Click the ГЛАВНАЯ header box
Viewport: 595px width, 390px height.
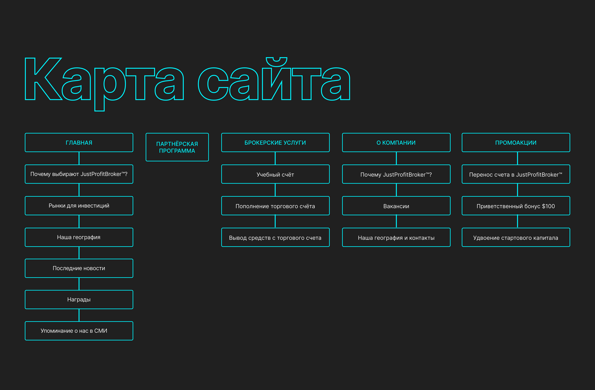pos(79,143)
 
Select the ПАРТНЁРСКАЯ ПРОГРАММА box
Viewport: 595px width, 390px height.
pos(177,147)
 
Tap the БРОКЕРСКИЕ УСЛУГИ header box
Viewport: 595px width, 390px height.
pos(275,143)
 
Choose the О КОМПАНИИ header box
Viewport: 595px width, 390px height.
pos(396,143)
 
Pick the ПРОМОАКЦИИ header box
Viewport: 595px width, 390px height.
pos(516,143)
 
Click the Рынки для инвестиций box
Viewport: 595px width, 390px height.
pos(79,206)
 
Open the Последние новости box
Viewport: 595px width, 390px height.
pos(79,268)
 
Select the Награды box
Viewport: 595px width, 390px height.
pos(79,299)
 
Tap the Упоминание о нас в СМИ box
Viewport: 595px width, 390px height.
pos(79,331)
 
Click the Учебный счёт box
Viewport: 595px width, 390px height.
pos(275,174)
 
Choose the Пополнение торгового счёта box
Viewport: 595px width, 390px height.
pos(275,206)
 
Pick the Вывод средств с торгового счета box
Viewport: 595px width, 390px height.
pos(275,238)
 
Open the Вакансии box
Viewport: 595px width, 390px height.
pos(396,206)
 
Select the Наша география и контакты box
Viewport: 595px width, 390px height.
pos(396,238)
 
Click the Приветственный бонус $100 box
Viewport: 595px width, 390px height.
pos(516,206)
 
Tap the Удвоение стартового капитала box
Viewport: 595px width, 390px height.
pos(516,238)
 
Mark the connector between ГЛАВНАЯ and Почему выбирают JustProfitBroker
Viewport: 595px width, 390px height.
pos(79,158)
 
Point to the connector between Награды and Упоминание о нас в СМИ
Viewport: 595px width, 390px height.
pos(79,315)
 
